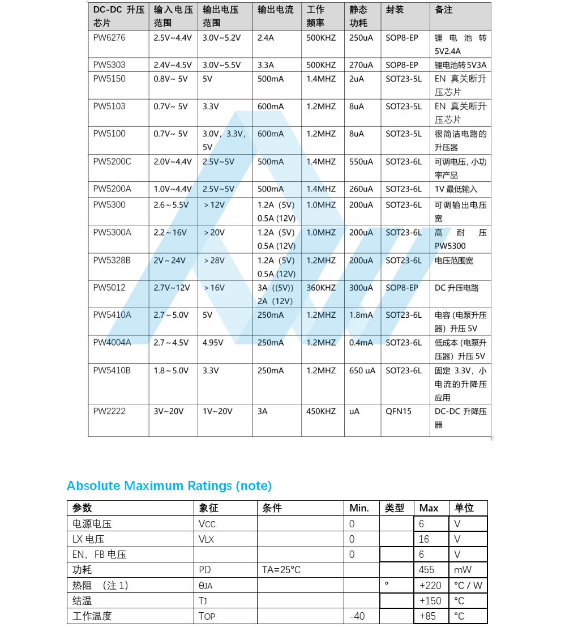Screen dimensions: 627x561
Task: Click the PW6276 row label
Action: click(x=109, y=38)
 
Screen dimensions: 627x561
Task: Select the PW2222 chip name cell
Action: click(x=110, y=411)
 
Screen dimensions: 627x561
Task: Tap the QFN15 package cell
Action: click(x=399, y=411)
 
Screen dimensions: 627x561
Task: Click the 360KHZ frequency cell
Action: click(x=321, y=288)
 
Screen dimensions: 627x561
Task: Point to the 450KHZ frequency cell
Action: click(x=321, y=411)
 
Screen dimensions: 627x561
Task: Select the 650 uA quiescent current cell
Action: click(x=362, y=370)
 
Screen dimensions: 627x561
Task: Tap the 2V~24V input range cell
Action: click(x=169, y=261)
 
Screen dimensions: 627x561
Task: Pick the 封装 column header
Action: click(x=395, y=10)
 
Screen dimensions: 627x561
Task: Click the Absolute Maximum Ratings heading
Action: click(x=169, y=485)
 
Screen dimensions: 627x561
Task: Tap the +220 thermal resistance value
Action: click(x=430, y=585)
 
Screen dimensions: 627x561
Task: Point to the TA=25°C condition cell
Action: click(x=281, y=570)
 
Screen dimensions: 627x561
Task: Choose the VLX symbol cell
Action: click(x=207, y=539)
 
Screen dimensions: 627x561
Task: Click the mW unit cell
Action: click(x=462, y=570)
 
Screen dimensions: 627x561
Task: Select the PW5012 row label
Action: click(x=109, y=288)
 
